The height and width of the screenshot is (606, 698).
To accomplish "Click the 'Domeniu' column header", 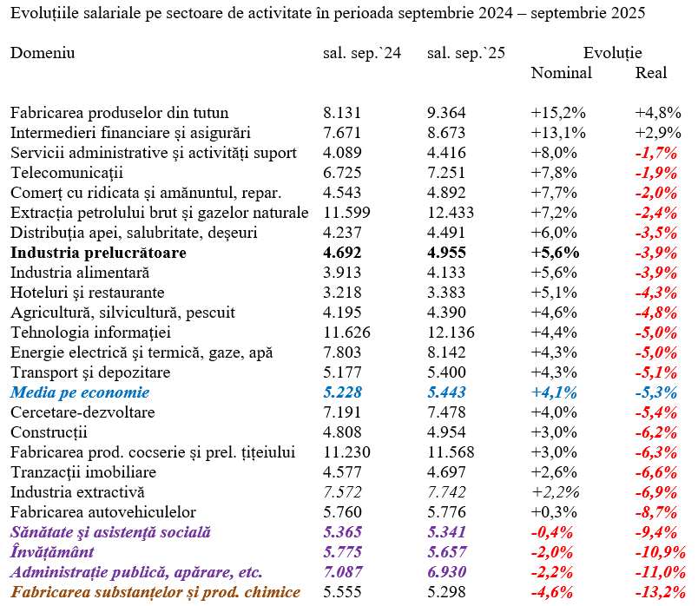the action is coord(43,53).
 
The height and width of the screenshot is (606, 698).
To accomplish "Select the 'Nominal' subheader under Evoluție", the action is coord(561,73).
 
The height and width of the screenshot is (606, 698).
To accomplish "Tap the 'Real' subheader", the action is coord(651,73).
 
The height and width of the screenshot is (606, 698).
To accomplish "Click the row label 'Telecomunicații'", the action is coord(67,173).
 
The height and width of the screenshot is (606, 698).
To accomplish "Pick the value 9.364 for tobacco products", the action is coord(446,113).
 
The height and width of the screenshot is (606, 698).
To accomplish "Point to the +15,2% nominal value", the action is coord(558,113).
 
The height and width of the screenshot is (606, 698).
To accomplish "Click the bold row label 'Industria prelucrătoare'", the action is coord(98,253).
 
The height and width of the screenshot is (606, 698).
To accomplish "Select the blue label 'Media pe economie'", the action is coord(80,392).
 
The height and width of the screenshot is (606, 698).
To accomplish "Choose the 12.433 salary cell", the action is coord(451,213).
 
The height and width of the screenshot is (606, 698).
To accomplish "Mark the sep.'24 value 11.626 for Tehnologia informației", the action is coord(346,333).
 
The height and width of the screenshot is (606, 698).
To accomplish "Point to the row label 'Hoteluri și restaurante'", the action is coord(87,293).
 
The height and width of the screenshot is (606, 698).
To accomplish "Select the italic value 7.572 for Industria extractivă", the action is coord(342,492).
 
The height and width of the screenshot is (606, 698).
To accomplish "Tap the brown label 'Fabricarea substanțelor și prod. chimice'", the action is coord(153,592).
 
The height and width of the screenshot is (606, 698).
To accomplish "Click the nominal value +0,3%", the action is coord(554,512).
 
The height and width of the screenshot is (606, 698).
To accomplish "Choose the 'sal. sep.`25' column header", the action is coord(466,53).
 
